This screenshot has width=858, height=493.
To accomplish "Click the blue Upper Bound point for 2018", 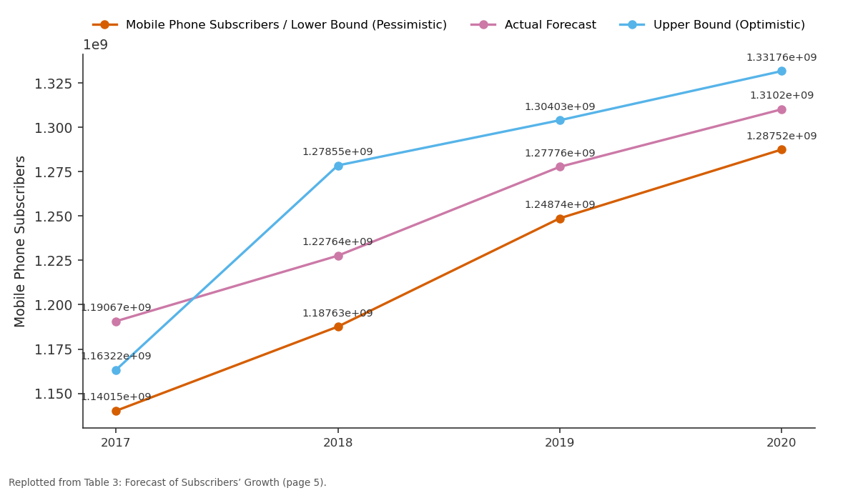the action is click(338, 166).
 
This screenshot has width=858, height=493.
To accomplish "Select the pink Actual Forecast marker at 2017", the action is click(116, 322).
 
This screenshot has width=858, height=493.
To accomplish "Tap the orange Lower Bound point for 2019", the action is click(560, 219).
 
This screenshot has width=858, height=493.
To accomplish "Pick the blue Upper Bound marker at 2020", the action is click(781, 71).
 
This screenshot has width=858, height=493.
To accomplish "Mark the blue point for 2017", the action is click(116, 371).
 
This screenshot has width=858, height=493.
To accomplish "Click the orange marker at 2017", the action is click(116, 411).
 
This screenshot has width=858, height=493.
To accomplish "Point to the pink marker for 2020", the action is click(781, 110).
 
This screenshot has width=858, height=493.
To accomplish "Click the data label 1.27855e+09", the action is click(337, 152).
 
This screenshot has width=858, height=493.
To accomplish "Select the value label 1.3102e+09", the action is click(781, 95).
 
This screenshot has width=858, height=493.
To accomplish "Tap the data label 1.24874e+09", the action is click(560, 205).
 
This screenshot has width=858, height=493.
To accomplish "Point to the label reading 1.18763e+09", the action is click(337, 314).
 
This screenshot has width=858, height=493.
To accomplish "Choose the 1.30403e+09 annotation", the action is click(560, 106).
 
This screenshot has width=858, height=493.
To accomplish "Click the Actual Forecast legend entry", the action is click(533, 25).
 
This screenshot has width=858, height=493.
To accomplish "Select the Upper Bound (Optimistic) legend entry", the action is click(712, 25).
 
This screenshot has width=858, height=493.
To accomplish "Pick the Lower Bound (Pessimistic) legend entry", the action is click(270, 25).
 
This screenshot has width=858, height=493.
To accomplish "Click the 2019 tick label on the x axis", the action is click(560, 443).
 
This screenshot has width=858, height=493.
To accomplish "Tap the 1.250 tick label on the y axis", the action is click(53, 217).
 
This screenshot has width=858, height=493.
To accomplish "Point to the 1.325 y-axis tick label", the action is click(53, 84).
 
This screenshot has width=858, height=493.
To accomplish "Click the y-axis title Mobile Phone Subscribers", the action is click(19, 241).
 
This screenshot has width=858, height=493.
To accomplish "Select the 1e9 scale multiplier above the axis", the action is click(95, 45).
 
